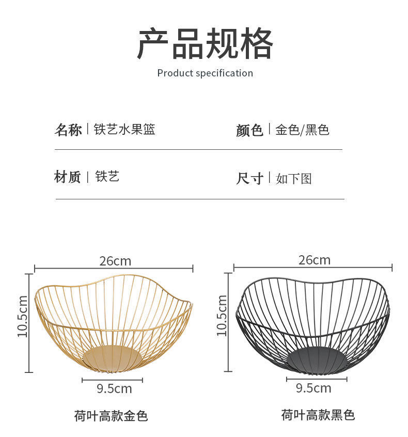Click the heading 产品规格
205,44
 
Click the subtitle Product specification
205,73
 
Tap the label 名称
68,130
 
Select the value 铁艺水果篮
124,130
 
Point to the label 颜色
249,130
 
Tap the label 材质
68,177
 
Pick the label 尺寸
249,179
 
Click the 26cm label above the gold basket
115,261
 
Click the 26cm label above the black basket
314,260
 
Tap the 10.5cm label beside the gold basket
22,316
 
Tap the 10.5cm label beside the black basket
222,315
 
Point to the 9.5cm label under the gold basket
114,388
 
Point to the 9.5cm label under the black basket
313,388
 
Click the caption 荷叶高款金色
111,416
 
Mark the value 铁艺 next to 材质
107,177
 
